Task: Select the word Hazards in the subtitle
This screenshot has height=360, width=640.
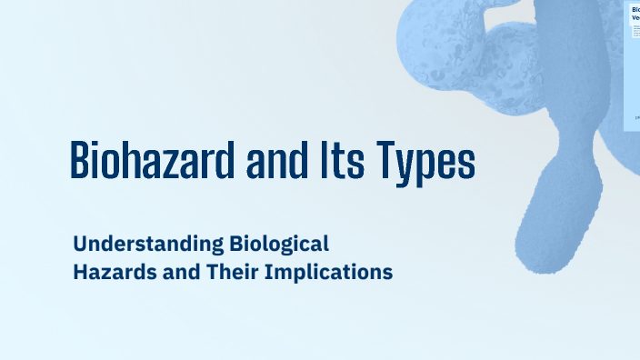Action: pos(114,272)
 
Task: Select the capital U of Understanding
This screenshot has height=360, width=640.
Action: pos(80,245)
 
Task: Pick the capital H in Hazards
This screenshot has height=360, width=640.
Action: pos(80,272)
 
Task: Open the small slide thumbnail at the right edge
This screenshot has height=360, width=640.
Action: pos(633,64)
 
